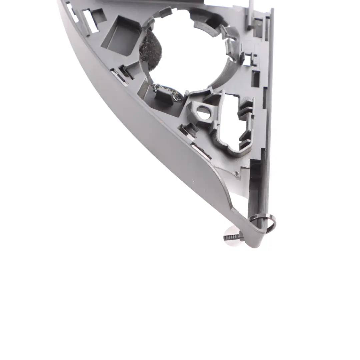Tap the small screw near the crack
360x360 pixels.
pos(236,173)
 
